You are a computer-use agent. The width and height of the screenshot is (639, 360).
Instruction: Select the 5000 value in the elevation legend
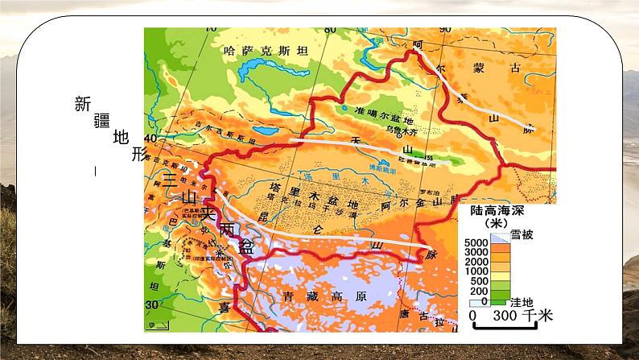[477, 243]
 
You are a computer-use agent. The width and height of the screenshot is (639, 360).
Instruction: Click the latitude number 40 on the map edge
[151, 138]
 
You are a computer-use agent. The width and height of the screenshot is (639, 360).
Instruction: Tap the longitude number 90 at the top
[445, 31]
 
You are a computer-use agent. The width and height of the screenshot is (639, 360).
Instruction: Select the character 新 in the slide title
[83, 104]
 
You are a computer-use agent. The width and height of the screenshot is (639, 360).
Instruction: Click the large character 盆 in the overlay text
[247, 247]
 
